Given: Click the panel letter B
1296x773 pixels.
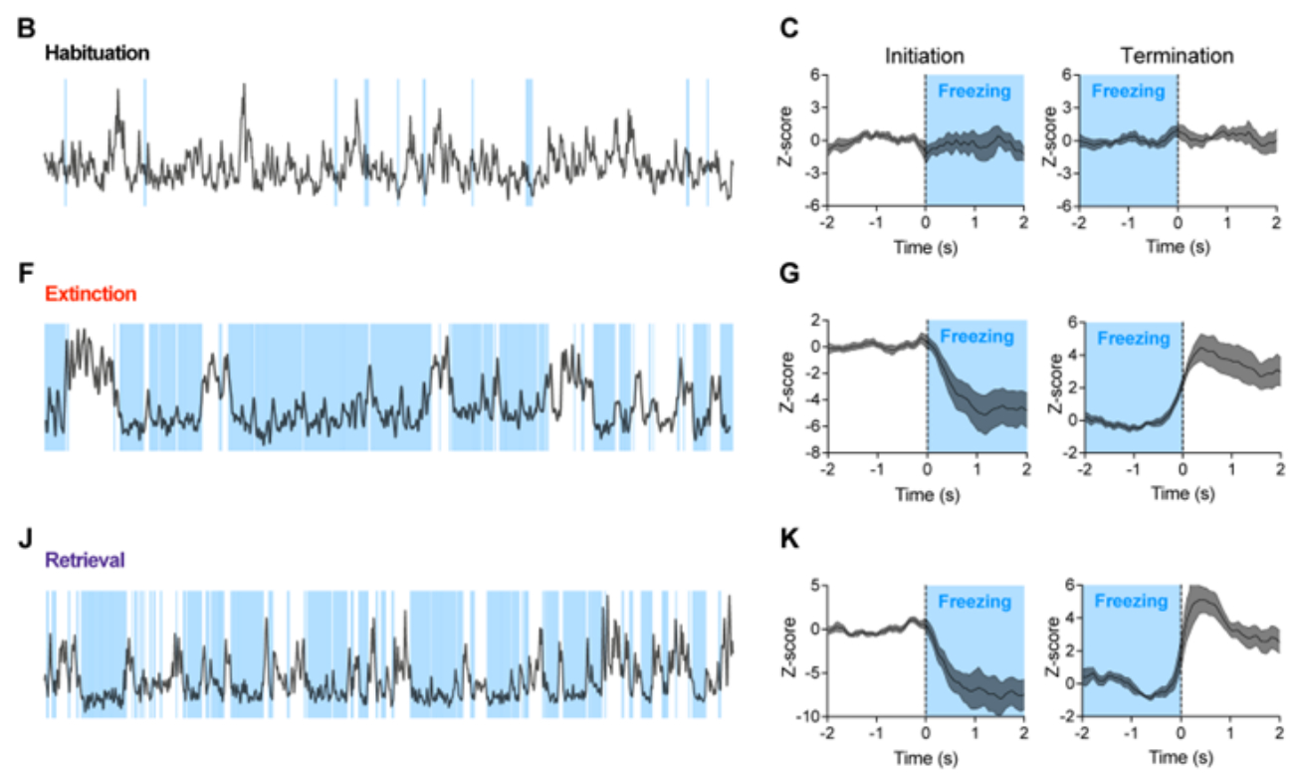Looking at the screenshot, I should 27,28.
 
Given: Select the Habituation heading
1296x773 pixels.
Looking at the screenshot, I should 96,53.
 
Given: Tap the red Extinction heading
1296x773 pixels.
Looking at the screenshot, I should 90,294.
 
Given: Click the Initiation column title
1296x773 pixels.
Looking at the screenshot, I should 924,56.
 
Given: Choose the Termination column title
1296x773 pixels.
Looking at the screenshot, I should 1177,56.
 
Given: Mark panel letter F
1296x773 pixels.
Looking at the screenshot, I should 26,269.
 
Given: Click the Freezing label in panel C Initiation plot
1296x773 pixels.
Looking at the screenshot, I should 974,93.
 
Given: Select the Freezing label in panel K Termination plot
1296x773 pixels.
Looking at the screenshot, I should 1130,602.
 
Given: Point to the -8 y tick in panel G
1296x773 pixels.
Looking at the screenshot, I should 814,451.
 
